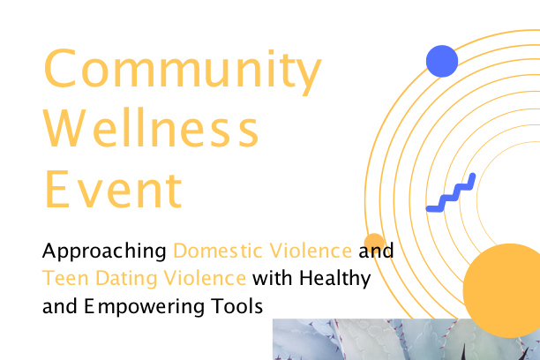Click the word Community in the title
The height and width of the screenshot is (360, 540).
[x=183, y=71]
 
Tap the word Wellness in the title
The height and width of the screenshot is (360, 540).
[x=151, y=127]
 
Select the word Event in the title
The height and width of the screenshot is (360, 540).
[x=113, y=189]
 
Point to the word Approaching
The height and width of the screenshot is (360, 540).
[x=104, y=251]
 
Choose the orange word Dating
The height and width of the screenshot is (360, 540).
[x=126, y=279]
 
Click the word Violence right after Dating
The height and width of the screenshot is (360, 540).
[x=205, y=278]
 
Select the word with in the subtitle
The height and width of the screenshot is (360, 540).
[x=272, y=278]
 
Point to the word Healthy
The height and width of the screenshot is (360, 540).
[x=334, y=279]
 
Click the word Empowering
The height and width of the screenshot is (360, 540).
[x=145, y=307]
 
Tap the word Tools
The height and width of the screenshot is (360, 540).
[x=237, y=306]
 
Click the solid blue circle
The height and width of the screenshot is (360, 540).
[x=442, y=61]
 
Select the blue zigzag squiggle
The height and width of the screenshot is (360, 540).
[x=451, y=193]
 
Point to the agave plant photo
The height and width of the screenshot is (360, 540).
[x=407, y=340]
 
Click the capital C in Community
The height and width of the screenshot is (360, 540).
[x=60, y=68]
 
